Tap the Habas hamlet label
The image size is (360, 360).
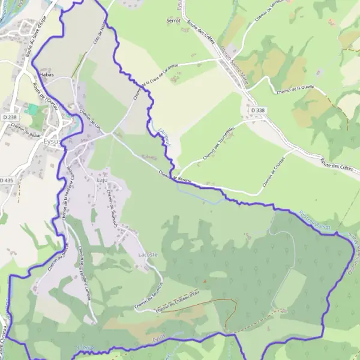pyautogui.click(x=46, y=74)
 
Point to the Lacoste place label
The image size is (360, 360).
pyautogui.click(x=148, y=254)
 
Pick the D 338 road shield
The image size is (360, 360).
pyautogui.click(x=257, y=110)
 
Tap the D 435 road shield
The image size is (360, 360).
pyautogui.click(x=6, y=180)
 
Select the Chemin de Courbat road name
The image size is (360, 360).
pyautogui.click(x=274, y=172)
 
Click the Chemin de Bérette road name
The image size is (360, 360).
pyautogui.click(x=175, y=177)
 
